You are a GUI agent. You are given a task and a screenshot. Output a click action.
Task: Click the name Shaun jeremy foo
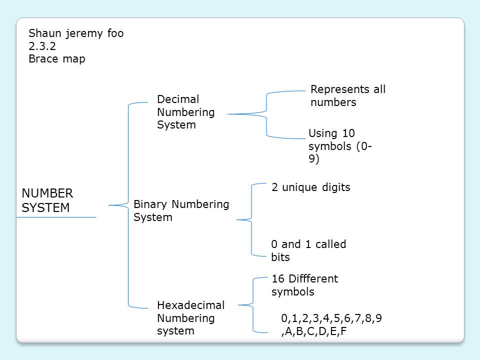76,33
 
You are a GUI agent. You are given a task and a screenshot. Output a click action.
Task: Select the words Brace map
57,59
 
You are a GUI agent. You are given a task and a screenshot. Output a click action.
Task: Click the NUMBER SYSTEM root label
47,200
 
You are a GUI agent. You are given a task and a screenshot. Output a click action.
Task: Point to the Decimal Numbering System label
185,112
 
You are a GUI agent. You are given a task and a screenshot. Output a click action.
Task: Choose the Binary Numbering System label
181,210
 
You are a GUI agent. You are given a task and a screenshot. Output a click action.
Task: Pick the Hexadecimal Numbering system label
190,318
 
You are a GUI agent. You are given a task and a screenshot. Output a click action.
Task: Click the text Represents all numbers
348,96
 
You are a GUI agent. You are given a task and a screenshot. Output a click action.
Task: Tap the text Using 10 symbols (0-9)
340,146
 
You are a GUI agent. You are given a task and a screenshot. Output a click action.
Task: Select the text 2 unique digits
310,187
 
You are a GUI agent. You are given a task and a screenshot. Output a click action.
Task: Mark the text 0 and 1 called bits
308,250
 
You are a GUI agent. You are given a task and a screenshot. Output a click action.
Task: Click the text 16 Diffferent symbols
304,285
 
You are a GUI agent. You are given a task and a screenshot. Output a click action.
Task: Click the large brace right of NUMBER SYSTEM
129,205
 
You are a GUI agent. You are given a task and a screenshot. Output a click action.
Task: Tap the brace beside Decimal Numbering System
266,114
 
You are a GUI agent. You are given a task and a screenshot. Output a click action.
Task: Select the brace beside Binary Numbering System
251,219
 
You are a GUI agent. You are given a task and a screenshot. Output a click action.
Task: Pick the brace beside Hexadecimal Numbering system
254,304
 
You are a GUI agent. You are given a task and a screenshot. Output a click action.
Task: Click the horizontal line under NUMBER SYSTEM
56,217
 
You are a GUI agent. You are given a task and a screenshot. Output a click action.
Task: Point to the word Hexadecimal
190,305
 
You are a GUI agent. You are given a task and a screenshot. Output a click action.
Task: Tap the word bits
280,257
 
